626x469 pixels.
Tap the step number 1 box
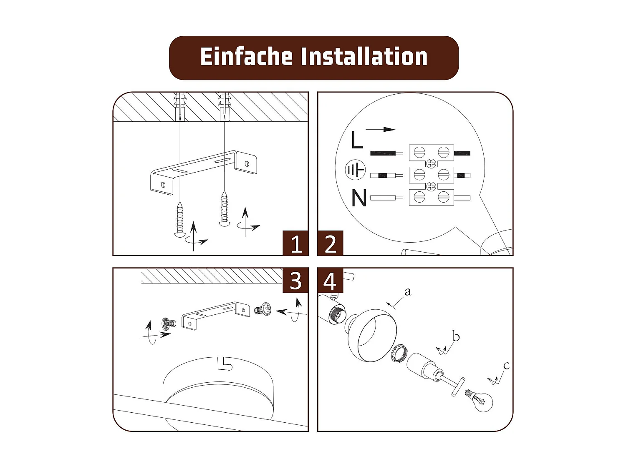(x=295, y=243)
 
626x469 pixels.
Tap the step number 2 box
(x=330, y=243)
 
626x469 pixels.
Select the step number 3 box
(x=295, y=281)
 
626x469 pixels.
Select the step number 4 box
(x=330, y=281)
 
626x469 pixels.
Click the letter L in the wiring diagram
(x=356, y=140)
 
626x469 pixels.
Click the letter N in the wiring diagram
(x=358, y=198)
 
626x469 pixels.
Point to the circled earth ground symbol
(x=355, y=170)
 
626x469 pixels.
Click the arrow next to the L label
(x=381, y=129)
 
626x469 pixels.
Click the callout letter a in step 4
(x=408, y=291)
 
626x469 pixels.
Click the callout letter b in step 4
(x=456, y=336)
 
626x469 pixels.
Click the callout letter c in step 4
(x=506, y=366)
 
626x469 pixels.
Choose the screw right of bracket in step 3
(x=263, y=309)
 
